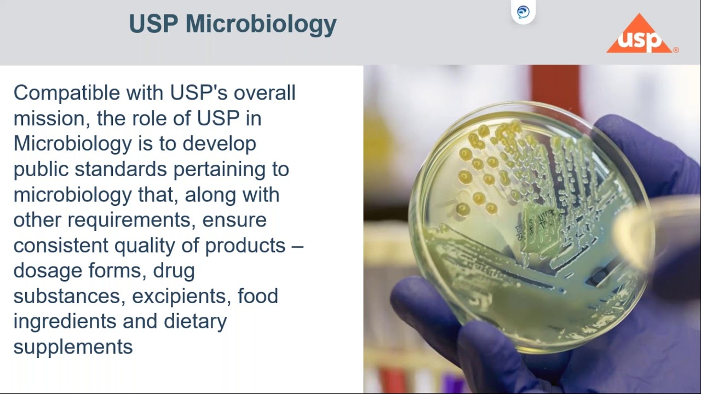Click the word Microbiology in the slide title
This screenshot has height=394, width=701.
261,25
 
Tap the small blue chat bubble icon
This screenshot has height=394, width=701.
523,12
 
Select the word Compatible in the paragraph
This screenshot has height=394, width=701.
67,93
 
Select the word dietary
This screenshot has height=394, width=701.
195,321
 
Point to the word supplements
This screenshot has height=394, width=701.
73,347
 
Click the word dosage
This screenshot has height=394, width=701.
47,271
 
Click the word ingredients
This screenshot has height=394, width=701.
65,321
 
